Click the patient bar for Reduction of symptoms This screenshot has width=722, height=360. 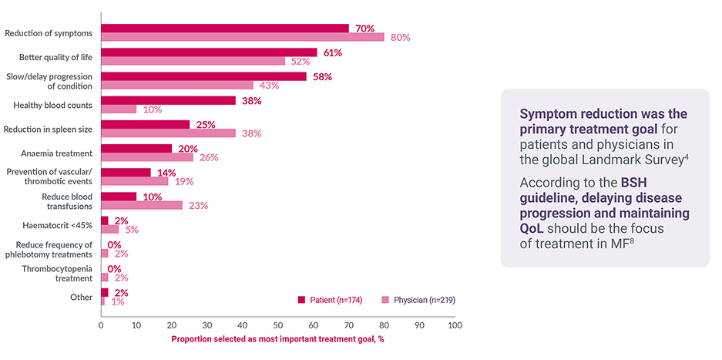[x=224, y=29]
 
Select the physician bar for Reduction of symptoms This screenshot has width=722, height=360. [x=242, y=37]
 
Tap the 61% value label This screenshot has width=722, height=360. [x=332, y=52]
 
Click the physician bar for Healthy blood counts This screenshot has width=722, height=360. [x=119, y=109]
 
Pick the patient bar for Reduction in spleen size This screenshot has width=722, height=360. [x=145, y=124]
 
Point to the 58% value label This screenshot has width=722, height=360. [x=322, y=76]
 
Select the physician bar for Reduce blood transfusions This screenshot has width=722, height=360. [x=142, y=205]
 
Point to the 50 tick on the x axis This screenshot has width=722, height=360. [x=277, y=325]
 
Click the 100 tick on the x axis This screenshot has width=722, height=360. [x=455, y=325]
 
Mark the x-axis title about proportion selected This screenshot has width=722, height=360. [x=277, y=339]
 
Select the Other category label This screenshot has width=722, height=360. [x=80, y=297]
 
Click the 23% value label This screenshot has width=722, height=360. [x=199, y=206]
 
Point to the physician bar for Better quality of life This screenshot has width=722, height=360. [x=193, y=61]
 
